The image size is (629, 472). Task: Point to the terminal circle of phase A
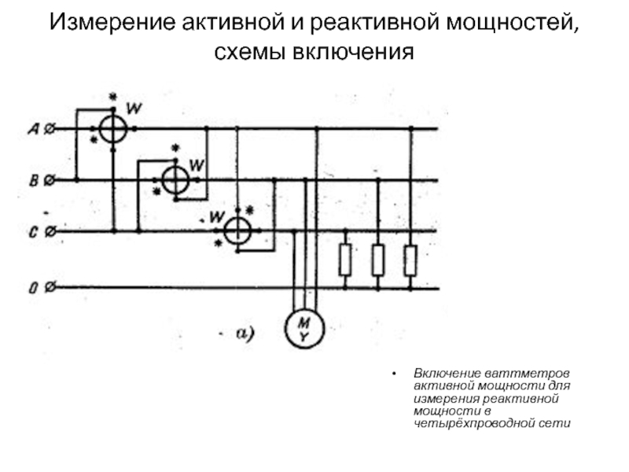coord(49,129)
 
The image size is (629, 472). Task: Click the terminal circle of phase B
coord(49,180)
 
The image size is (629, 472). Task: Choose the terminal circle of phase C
coord(50,231)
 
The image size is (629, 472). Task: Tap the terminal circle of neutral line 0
coord(50,287)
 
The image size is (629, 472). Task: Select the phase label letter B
coord(34,181)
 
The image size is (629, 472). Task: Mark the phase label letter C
coord(34,232)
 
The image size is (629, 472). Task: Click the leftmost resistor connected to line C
coord(345,260)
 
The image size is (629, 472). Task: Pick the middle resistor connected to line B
coord(378,260)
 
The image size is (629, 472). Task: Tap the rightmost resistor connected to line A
coord(410,260)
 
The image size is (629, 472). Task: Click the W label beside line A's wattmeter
coord(134,109)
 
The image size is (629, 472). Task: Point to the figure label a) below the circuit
coord(245,334)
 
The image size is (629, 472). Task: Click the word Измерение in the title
coord(112,23)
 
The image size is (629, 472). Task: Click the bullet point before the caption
coord(395,374)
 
